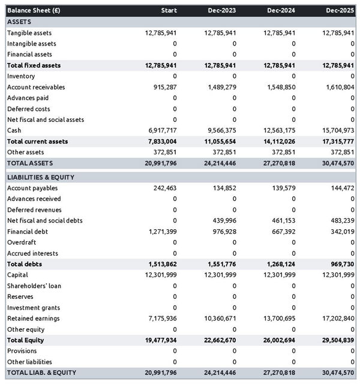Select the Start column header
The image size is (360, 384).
tap(169, 11)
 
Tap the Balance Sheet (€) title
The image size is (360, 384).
tap(34, 11)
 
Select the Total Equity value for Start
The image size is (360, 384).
tap(161, 340)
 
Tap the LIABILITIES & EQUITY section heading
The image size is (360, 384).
tap(41, 178)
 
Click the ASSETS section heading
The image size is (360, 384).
tap(19, 22)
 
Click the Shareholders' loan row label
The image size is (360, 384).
tap(34, 286)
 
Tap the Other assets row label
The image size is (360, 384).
tap(26, 152)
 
